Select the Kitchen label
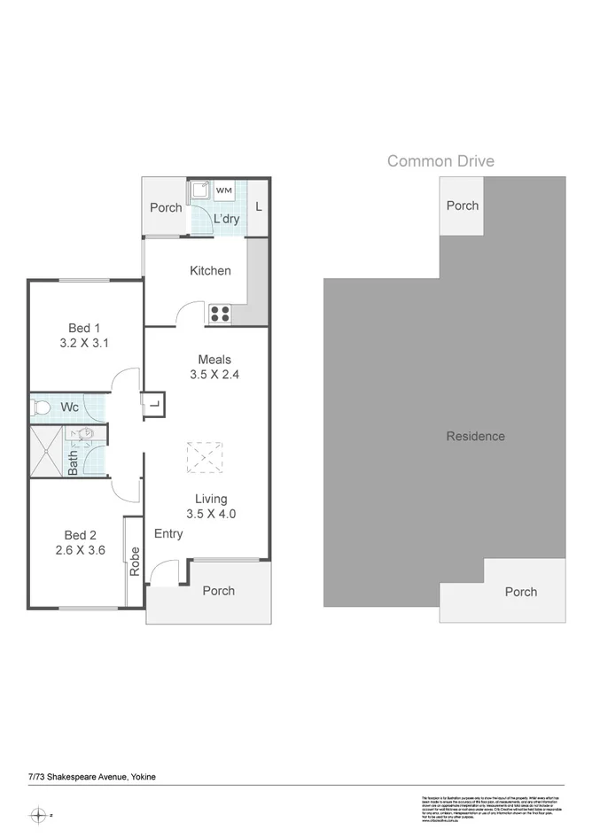pos(210,270)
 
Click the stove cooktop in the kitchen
pos(220,313)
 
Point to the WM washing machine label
pos(224,190)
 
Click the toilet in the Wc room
pos(41,407)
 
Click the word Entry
pos(168,533)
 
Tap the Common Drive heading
pos(440,161)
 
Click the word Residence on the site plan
pos(475,436)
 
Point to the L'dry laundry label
pos(226,219)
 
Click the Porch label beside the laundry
pos(166,207)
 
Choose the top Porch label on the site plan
pos(462,206)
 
